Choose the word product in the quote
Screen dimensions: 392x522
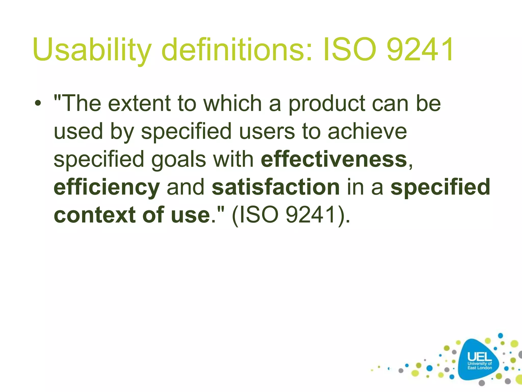[327, 104]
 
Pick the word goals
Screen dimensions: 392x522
[178, 160]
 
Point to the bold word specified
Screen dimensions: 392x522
[440, 187]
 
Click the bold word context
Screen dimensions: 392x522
[95, 215]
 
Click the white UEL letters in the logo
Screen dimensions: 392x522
[479, 357]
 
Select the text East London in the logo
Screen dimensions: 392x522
[479, 368]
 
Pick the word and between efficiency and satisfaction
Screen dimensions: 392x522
[186, 187]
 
